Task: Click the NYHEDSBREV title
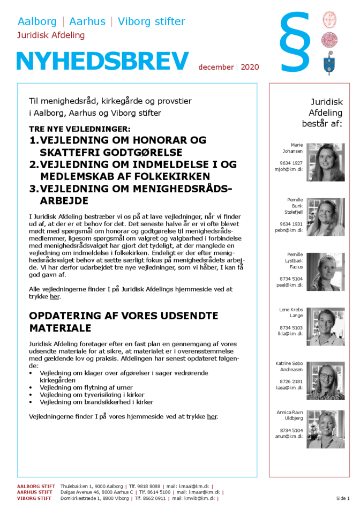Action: click(x=102, y=62)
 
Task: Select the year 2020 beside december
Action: click(x=250, y=67)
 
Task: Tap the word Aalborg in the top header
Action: click(x=37, y=22)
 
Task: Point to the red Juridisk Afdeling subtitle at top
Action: click(x=51, y=35)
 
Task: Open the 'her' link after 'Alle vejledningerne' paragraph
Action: click(x=55, y=296)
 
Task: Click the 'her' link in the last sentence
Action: click(x=212, y=416)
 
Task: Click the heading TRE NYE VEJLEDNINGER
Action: click(x=79, y=129)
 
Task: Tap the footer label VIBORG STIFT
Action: click(x=34, y=498)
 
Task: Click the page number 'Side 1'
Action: click(x=343, y=498)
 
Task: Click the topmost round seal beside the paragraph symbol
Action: click(x=329, y=20)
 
